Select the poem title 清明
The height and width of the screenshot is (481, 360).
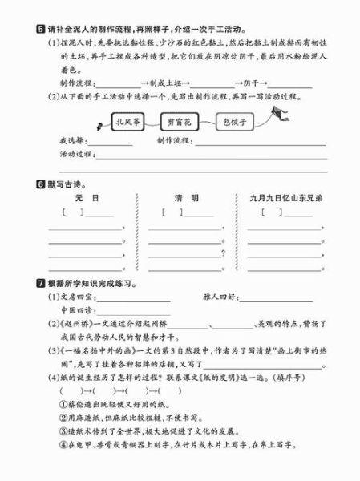(x=186, y=197)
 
